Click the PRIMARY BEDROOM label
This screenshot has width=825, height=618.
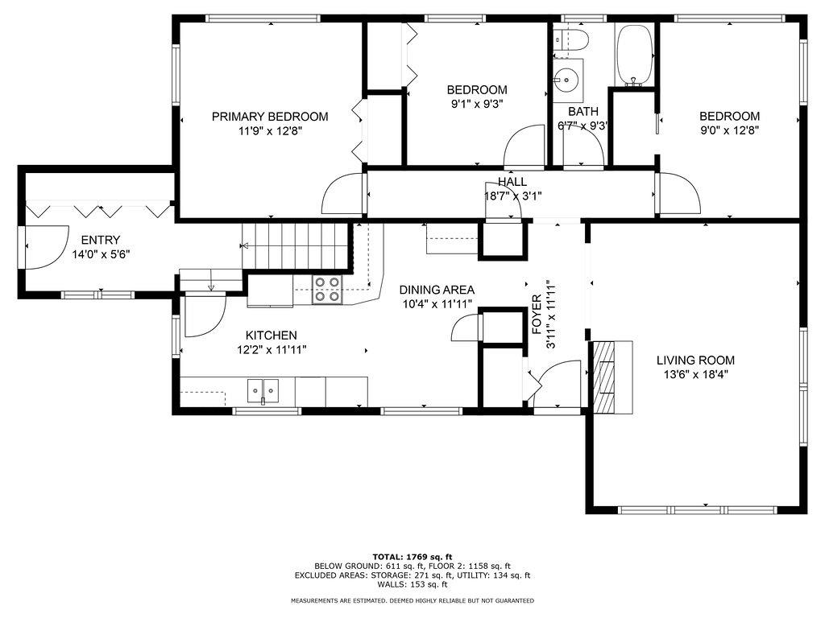point(270,116)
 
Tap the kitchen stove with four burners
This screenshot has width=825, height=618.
point(327,290)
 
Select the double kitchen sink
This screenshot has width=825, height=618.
point(263,391)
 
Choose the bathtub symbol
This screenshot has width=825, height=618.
point(635,54)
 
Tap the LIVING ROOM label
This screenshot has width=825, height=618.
point(695,360)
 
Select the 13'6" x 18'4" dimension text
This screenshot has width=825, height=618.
point(695,375)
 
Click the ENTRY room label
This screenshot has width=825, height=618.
point(101,240)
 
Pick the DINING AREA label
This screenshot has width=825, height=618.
point(437,290)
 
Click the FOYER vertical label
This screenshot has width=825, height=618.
point(536,315)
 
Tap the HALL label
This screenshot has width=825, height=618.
point(512,182)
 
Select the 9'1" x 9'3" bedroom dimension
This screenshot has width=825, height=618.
point(477,104)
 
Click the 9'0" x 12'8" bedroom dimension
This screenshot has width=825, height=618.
point(729,130)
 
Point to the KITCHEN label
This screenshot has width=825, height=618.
point(272,336)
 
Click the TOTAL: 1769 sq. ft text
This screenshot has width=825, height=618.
point(412,557)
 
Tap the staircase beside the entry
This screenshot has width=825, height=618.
point(296,246)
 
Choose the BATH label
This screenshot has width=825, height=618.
point(583,111)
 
